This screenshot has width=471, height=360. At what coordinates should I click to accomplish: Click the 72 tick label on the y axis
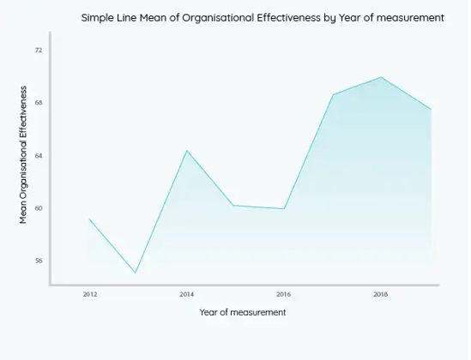pyautogui.click(x=39, y=51)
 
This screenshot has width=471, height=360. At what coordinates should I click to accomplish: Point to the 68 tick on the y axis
pyautogui.click(x=39, y=103)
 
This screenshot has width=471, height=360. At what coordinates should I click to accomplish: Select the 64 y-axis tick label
pyautogui.click(x=39, y=156)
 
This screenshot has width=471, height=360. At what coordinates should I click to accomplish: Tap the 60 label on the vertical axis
pyautogui.click(x=39, y=208)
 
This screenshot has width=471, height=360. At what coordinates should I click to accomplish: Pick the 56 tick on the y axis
pyautogui.click(x=39, y=261)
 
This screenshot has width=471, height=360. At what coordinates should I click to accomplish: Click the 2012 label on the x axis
pyautogui.click(x=89, y=294)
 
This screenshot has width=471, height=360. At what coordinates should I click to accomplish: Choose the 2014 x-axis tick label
pyautogui.click(x=186, y=294)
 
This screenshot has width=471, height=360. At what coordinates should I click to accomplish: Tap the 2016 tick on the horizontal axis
pyautogui.click(x=284, y=294)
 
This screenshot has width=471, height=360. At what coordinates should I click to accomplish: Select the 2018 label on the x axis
pyautogui.click(x=381, y=294)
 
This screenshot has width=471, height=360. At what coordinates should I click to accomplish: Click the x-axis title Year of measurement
pyautogui.click(x=243, y=313)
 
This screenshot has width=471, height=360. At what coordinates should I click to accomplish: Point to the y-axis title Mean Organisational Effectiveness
pyautogui.click(x=24, y=155)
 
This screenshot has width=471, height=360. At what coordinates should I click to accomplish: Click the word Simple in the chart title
pyautogui.click(x=99, y=18)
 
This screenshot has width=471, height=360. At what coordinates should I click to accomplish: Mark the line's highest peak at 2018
pyautogui.click(x=381, y=77)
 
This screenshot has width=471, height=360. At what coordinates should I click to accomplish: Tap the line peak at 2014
pyautogui.click(x=186, y=151)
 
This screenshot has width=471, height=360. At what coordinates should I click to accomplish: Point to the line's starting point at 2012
pyautogui.click(x=89, y=219)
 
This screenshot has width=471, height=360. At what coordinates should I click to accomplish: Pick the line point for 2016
pyautogui.click(x=284, y=209)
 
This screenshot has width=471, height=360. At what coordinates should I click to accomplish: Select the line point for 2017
pyautogui.click(x=333, y=94)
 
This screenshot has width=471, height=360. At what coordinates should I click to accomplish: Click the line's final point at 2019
pyautogui.click(x=430, y=110)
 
